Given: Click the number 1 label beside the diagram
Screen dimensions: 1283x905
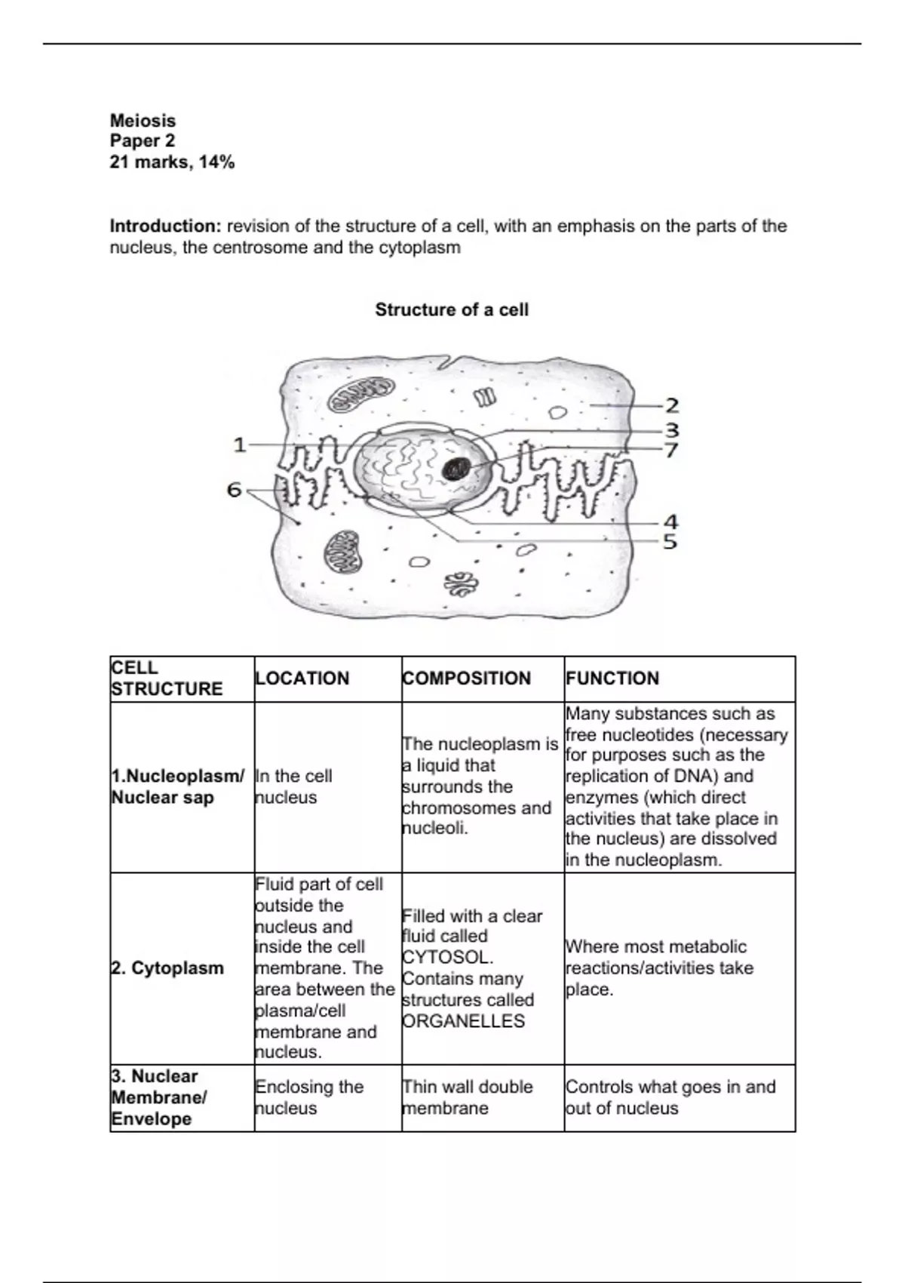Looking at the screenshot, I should [x=240, y=445].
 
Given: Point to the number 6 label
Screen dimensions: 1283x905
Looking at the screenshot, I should [x=235, y=491].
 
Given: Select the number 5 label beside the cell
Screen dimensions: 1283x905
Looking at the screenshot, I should [x=670, y=542].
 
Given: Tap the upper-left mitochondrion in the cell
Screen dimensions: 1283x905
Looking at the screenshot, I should [x=361, y=394].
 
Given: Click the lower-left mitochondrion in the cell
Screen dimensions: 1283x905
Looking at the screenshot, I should [x=342, y=551].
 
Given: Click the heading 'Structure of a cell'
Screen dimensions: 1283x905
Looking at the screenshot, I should [x=452, y=309].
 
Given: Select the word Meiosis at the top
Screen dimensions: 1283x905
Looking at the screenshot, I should [x=143, y=121].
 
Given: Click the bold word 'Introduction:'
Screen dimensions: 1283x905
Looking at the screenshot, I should [x=165, y=226].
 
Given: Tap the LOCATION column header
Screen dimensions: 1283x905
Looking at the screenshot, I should [x=302, y=678].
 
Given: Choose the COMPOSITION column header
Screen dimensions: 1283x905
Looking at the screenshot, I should [x=467, y=678].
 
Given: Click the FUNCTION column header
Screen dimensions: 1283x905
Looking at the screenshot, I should [x=612, y=678].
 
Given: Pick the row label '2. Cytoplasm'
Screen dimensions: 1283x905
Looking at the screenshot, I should [x=168, y=968].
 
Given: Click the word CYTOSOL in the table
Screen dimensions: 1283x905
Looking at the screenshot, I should [x=447, y=958].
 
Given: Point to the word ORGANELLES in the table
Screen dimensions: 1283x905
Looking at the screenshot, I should [x=463, y=1021].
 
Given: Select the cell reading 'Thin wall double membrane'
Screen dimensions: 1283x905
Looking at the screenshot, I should [x=468, y=1097].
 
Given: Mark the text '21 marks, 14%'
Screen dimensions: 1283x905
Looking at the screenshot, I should [x=172, y=162].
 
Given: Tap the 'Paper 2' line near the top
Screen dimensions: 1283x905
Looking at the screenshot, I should [x=143, y=141].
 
